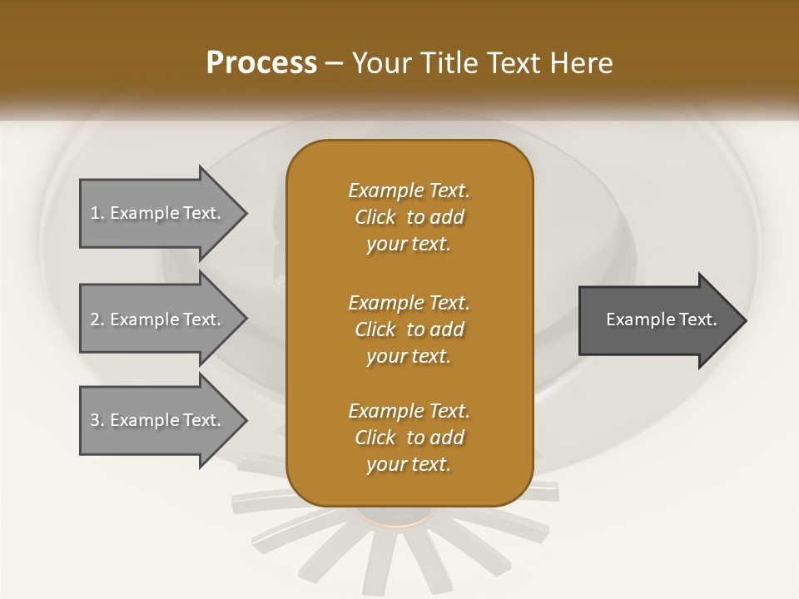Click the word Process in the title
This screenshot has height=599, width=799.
click(x=261, y=63)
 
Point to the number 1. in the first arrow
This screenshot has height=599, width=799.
click(x=97, y=213)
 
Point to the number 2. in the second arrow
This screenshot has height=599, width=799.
click(x=97, y=319)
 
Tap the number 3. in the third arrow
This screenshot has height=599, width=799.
click(x=97, y=420)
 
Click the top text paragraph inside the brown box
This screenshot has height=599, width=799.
click(x=409, y=217)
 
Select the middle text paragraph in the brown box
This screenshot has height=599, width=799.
click(x=409, y=329)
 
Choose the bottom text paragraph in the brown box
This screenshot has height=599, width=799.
click(x=409, y=438)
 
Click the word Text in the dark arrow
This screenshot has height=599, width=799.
click(x=697, y=319)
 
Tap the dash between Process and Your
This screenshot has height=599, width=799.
click(x=335, y=64)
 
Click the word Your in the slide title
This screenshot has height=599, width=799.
click(x=380, y=63)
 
